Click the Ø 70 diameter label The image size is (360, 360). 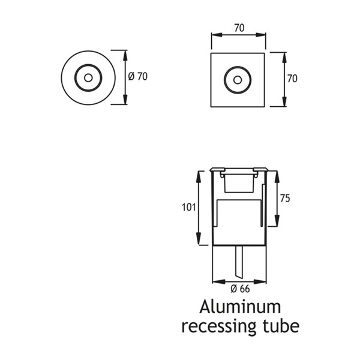click(137, 76)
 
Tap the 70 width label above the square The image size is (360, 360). click(239, 28)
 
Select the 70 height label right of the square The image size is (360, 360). click(292, 79)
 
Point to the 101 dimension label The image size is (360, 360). click(189, 208)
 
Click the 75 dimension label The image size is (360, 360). click(285, 199)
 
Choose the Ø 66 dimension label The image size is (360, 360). click(240, 289)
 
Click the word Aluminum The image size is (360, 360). click(240, 307)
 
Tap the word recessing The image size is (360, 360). click(219, 326)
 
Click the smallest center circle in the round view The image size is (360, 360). click(88, 78)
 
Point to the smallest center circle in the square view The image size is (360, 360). click(238, 80)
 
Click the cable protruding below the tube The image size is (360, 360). click(239, 262)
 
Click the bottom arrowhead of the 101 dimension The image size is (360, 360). click(199, 239)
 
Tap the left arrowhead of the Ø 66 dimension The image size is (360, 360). click(218, 281)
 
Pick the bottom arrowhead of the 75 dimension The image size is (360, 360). click(277, 221)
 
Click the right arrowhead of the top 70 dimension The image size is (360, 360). click(260, 35)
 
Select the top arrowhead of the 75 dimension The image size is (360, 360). click(277, 177)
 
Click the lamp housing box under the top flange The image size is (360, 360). click(239, 183)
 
